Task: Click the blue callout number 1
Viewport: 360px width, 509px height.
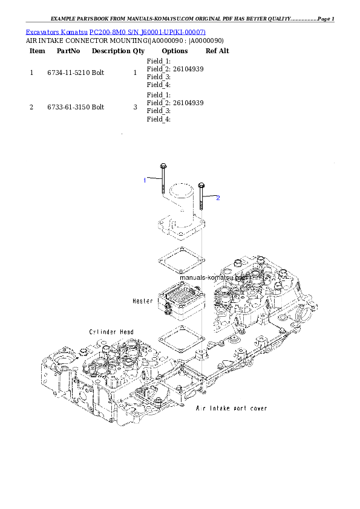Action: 145,180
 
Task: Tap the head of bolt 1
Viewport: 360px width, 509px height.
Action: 163,166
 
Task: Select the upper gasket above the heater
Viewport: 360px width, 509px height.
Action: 179,261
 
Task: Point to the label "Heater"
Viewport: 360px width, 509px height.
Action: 143,300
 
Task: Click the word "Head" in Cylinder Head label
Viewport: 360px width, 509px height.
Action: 126,332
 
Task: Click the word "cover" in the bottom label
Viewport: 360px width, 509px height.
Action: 257,409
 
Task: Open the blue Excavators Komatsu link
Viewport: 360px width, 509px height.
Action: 116,31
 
